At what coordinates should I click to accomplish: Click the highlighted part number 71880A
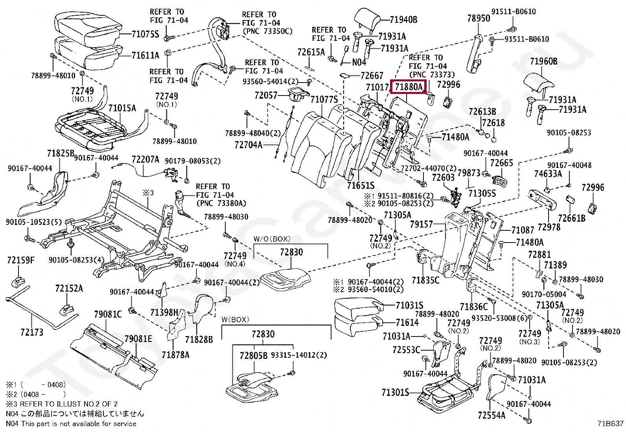pos(409,87)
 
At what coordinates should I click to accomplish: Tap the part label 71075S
pos(145,34)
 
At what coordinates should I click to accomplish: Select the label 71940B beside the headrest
pos(403,20)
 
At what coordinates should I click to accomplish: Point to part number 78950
pos(479,18)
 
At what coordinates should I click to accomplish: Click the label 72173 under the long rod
pos(32,332)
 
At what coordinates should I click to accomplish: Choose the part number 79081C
pos(108,314)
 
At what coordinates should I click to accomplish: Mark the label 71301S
pos(395,393)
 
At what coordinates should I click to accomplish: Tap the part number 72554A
pos(492,415)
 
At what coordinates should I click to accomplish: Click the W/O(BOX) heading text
pos(272,239)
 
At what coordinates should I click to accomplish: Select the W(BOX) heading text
pos(235,320)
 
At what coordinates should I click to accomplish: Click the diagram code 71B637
pos(610,424)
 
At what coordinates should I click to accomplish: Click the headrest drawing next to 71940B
pos(368,20)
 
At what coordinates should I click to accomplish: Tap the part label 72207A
pos(145,160)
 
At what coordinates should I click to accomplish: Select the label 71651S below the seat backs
pos(361,185)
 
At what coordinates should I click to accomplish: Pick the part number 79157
pos(422,224)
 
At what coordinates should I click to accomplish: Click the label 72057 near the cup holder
pos(266,96)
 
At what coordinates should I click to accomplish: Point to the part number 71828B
pos(199,340)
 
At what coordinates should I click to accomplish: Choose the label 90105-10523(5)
pos(34,222)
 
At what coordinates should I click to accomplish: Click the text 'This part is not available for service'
pos(79,424)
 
